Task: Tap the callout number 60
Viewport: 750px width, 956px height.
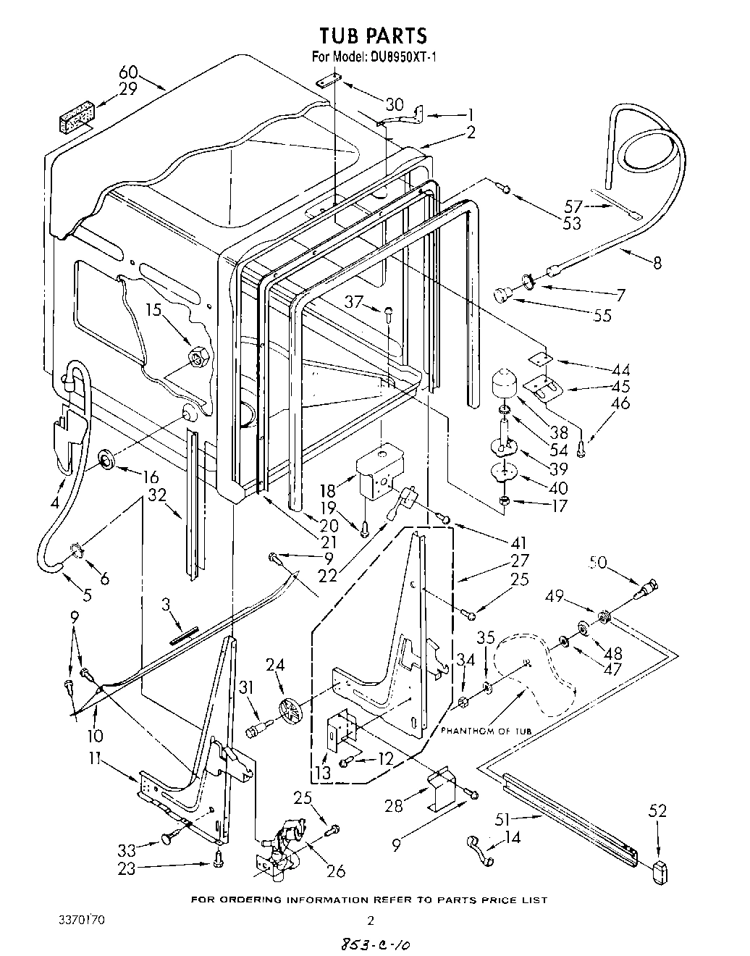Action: (128, 72)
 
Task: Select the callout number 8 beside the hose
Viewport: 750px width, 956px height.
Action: (657, 264)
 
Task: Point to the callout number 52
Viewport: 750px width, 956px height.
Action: (657, 811)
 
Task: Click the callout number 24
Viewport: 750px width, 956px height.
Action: (274, 665)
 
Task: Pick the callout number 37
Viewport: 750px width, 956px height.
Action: (353, 302)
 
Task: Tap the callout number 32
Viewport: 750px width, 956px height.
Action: (156, 495)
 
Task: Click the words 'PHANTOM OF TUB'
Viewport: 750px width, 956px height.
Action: (486, 731)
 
